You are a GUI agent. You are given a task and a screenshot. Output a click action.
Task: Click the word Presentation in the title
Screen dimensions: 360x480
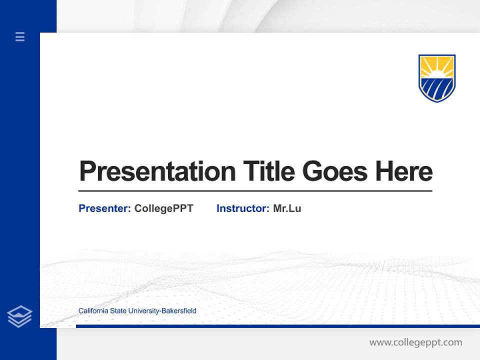[157, 171]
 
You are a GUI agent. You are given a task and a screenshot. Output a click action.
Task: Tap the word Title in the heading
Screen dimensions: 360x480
[268, 171]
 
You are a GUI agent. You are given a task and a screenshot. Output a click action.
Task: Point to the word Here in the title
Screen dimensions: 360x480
[403, 171]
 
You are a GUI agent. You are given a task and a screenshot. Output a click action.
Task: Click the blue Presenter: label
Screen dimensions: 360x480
[104, 208]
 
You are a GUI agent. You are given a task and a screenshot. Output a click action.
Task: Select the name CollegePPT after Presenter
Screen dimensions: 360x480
[163, 208]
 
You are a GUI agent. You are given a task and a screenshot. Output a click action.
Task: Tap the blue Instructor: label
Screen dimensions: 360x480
[242, 208]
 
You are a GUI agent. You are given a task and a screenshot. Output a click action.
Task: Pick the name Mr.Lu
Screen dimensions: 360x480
[287, 208]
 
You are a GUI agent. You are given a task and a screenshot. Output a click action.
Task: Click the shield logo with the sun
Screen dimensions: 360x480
[436, 78]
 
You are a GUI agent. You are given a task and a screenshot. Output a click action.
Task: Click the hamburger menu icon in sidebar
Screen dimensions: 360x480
[20, 36]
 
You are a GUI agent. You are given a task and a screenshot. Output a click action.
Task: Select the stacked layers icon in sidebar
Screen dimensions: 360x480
[19, 316]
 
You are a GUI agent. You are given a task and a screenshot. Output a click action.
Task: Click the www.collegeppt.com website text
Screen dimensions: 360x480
[415, 342]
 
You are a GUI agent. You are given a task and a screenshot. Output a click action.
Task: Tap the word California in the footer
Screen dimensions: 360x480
[93, 311]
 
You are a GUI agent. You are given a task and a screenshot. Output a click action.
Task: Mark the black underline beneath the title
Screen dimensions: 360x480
[255, 191]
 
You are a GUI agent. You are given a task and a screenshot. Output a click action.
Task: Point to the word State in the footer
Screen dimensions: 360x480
[118, 311]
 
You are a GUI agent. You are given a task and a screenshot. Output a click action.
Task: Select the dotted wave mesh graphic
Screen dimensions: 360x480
[300, 280]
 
